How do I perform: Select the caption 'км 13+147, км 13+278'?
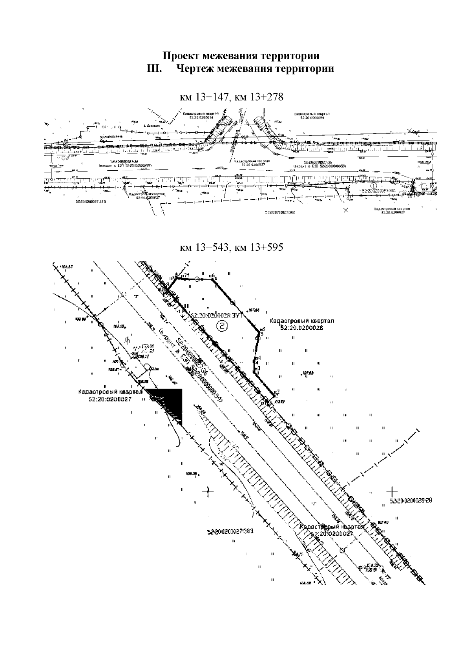click(x=231, y=97)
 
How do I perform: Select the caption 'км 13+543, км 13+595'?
click(x=231, y=248)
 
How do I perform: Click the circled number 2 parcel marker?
click(x=223, y=325)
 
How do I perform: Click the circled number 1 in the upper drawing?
click(x=374, y=184)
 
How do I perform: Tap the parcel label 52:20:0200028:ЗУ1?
click(x=217, y=315)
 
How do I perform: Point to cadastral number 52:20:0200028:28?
click(x=411, y=501)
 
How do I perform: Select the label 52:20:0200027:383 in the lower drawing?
click(x=230, y=532)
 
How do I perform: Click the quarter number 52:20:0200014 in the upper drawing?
click(x=201, y=117)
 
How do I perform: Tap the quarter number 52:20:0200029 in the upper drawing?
click(x=312, y=117)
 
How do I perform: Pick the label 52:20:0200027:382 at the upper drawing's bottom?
click(x=280, y=212)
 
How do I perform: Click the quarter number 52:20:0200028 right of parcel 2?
click(x=301, y=328)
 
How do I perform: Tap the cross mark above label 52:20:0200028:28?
click(x=392, y=491)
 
